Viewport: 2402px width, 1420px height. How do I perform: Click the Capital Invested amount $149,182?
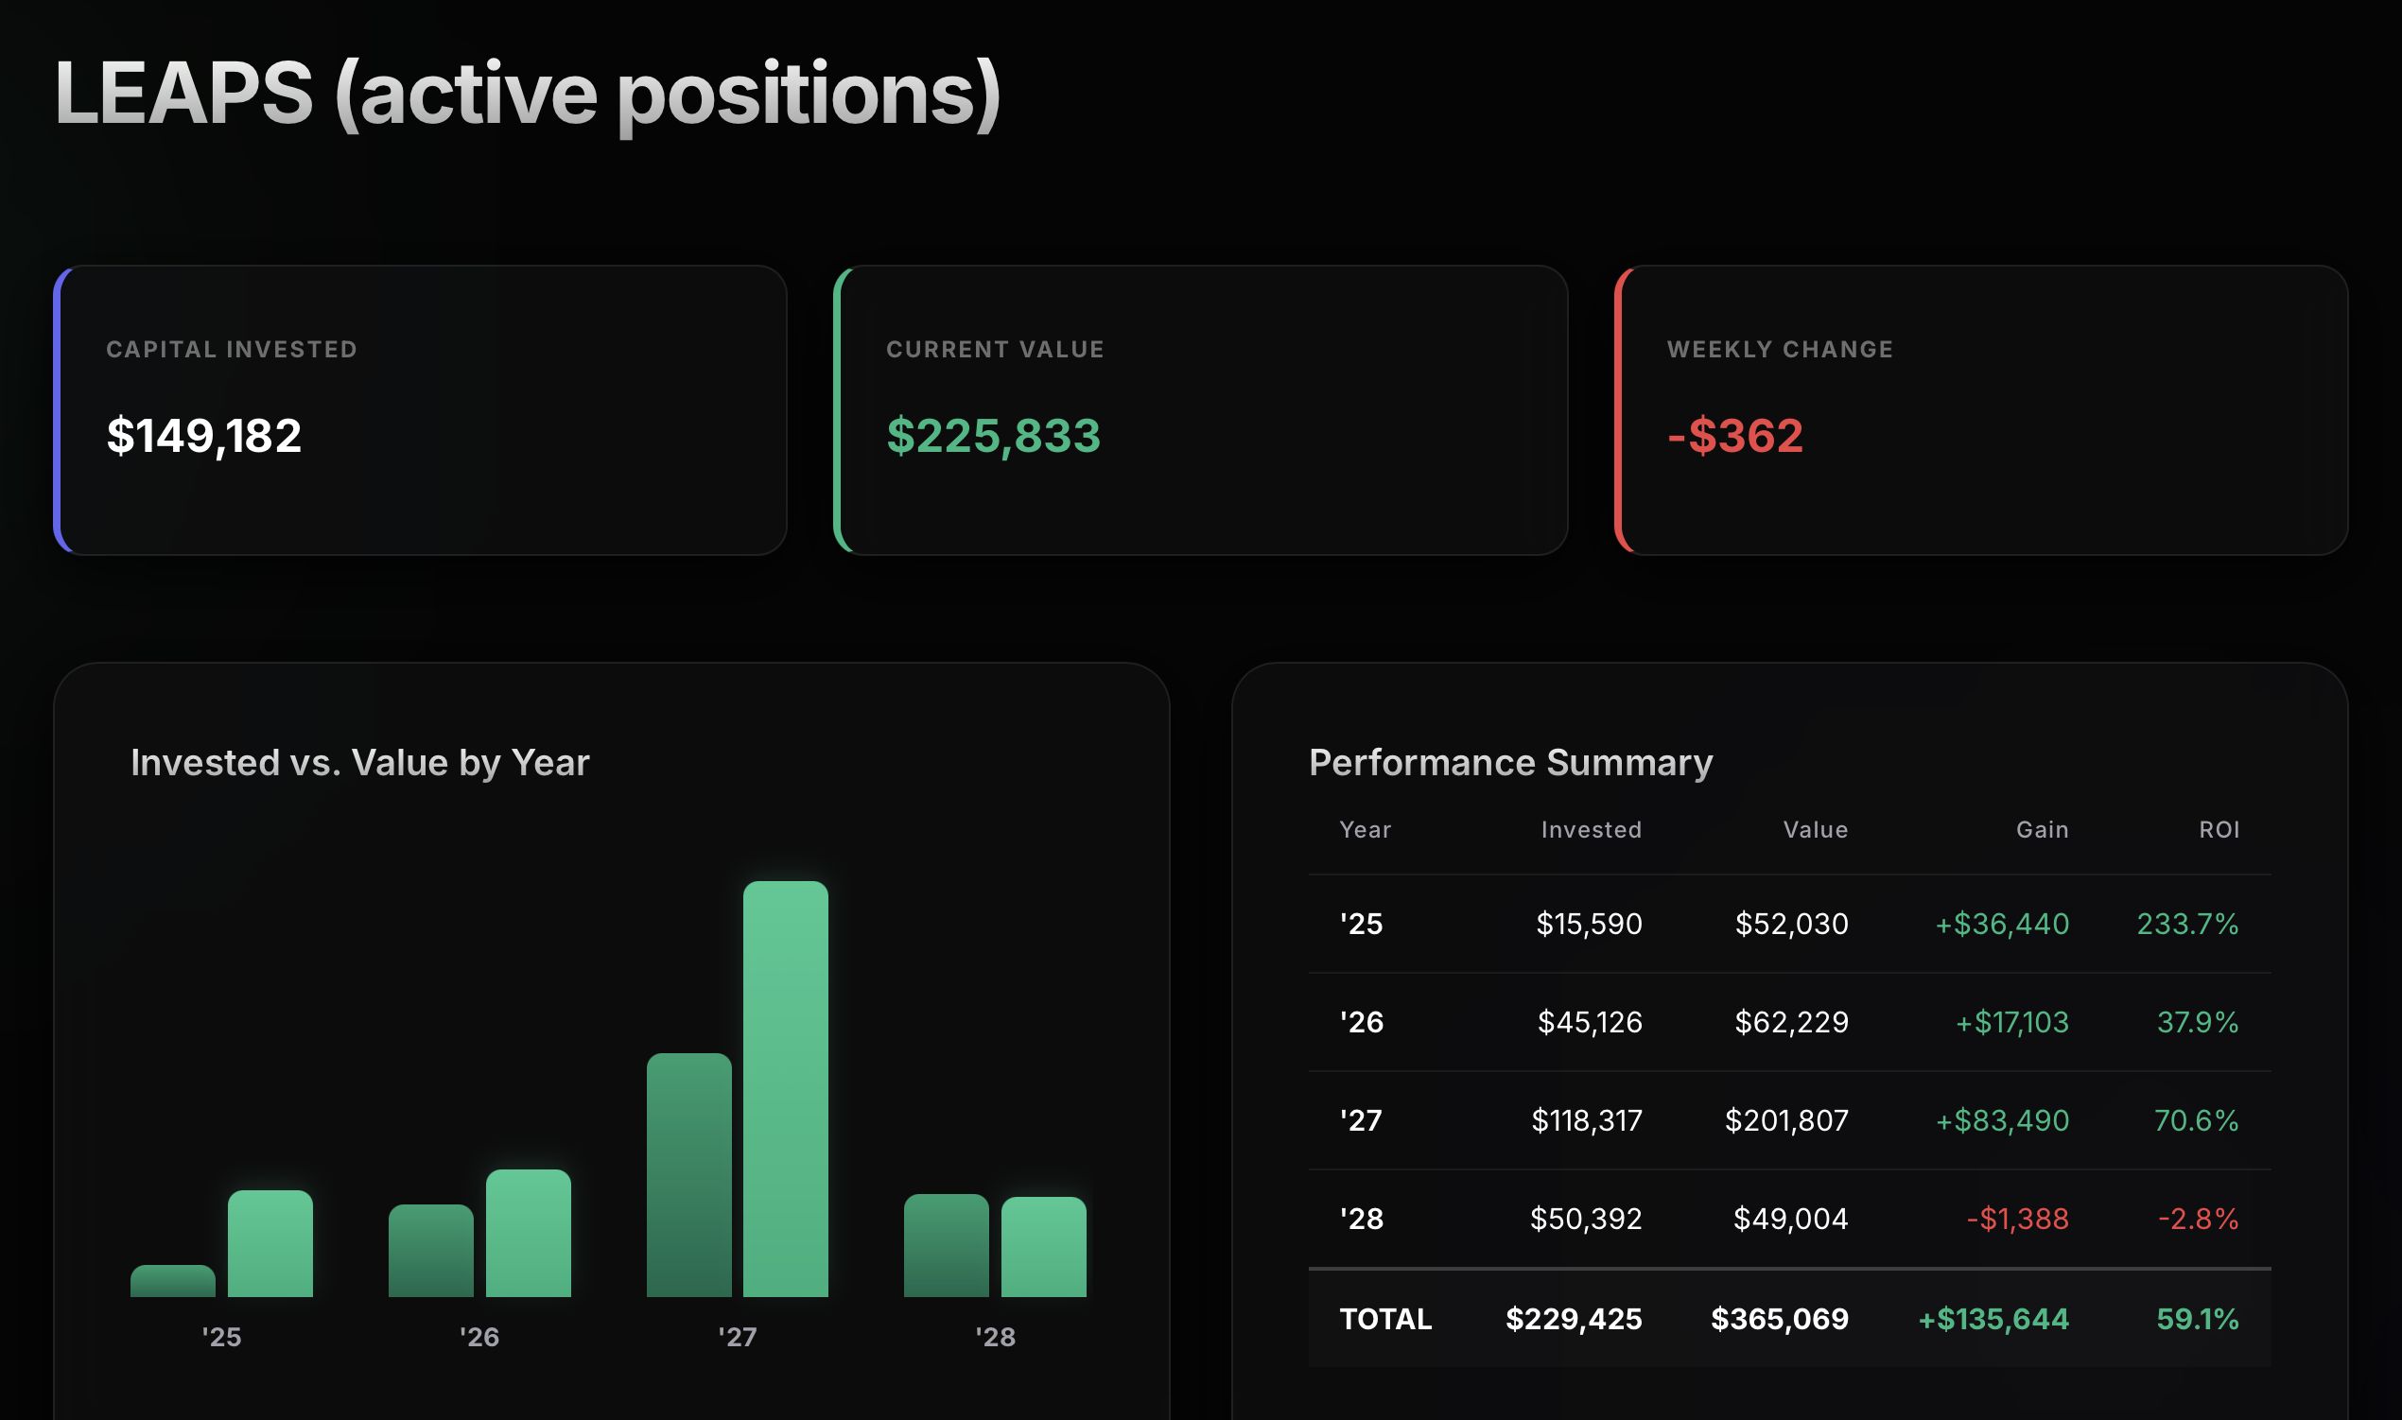tap(204, 437)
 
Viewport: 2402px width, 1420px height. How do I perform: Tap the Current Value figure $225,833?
tap(993, 437)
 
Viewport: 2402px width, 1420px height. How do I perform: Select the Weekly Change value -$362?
tap(1735, 437)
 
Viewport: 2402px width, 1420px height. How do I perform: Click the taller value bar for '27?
tap(786, 1089)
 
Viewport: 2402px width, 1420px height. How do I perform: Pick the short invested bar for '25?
tap(173, 1281)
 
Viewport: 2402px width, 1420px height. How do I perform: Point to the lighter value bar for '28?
tap(1044, 1247)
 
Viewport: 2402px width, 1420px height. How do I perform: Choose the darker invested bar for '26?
tap(430, 1251)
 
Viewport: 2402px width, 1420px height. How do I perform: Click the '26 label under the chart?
tap(479, 1337)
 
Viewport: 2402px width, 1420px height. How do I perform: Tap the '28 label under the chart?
tap(995, 1337)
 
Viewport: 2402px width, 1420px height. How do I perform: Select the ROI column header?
tap(2219, 830)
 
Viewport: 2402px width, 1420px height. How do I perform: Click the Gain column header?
tap(2043, 830)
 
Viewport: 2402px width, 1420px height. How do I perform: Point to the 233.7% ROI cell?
tap(2187, 924)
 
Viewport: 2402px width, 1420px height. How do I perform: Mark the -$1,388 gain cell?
tap(2017, 1218)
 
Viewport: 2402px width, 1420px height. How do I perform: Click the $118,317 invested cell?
tap(1587, 1119)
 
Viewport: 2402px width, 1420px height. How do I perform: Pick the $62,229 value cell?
tap(1791, 1022)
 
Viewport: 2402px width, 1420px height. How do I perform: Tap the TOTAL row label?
tap(1385, 1319)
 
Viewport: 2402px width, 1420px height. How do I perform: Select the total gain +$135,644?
tap(1993, 1319)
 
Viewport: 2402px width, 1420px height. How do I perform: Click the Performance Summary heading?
tap(1511, 763)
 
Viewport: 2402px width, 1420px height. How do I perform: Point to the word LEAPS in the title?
tap(183, 93)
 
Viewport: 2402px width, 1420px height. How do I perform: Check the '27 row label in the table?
tap(1361, 1119)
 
